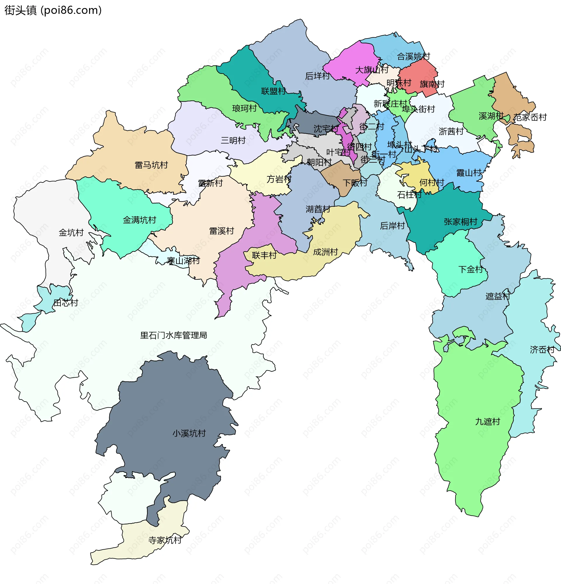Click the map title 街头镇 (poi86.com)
click(x=53, y=10)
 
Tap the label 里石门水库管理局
click(x=174, y=335)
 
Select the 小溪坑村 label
click(x=189, y=433)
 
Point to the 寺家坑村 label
click(x=165, y=540)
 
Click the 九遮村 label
click(x=487, y=422)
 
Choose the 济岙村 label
click(x=542, y=350)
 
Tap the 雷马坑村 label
click(x=151, y=165)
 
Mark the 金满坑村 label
click(x=139, y=220)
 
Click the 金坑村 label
click(x=71, y=232)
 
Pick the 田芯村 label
click(x=65, y=303)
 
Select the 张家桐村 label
click(x=460, y=221)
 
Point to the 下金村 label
click(x=470, y=269)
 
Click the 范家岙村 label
click(x=530, y=117)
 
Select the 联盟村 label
click(x=273, y=91)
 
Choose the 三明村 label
click(x=233, y=140)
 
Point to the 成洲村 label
click(x=325, y=252)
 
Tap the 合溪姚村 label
click(x=413, y=56)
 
